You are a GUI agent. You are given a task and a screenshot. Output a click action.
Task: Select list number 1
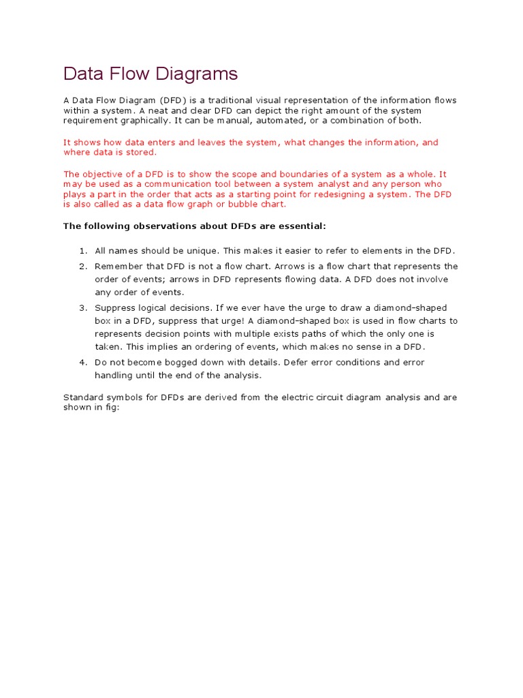(83, 251)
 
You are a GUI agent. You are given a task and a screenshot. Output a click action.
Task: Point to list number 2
(83, 266)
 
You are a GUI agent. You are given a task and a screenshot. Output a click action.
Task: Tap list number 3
(83, 308)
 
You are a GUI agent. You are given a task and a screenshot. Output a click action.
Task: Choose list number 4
(83, 363)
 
